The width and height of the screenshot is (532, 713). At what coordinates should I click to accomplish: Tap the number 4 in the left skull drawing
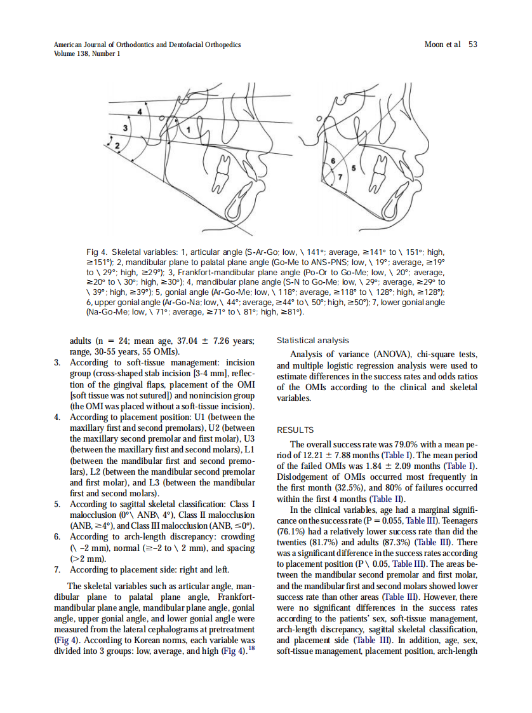click(139, 112)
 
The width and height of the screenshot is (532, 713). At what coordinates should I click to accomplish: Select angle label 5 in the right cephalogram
click(354, 168)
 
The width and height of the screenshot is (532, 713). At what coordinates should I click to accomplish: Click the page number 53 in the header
click(472, 44)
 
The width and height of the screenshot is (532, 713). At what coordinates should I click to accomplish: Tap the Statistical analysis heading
click(312, 341)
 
